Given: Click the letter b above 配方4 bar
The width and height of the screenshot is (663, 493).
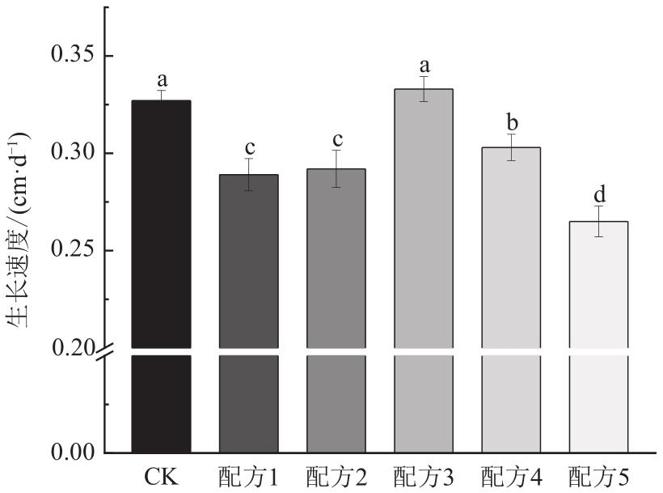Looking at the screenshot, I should coord(511,121).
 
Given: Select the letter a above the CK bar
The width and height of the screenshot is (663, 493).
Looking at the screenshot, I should coord(162,79).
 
